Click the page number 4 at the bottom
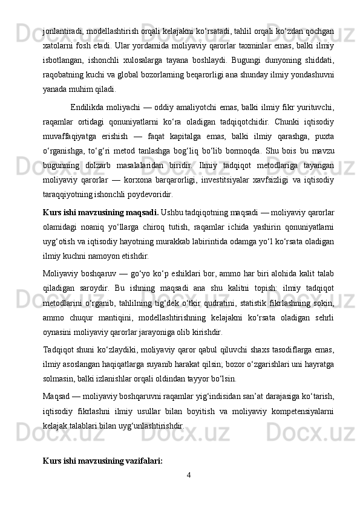point(189,474)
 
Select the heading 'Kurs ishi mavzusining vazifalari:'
point(103,461)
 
